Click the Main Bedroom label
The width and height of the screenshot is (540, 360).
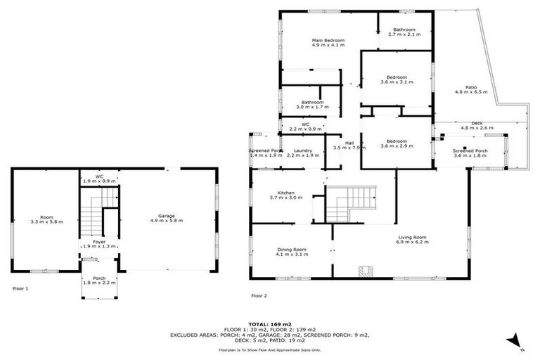click(328, 41)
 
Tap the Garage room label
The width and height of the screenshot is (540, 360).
click(166, 216)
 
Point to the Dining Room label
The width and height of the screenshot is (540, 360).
click(290, 250)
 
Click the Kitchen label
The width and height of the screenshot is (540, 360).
click(285, 193)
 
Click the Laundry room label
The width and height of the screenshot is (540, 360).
click(304, 150)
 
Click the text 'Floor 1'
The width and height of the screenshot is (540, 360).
click(21, 288)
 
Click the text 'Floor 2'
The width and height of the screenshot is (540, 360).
click(259, 296)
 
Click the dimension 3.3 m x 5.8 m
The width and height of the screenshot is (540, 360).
click(47, 221)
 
